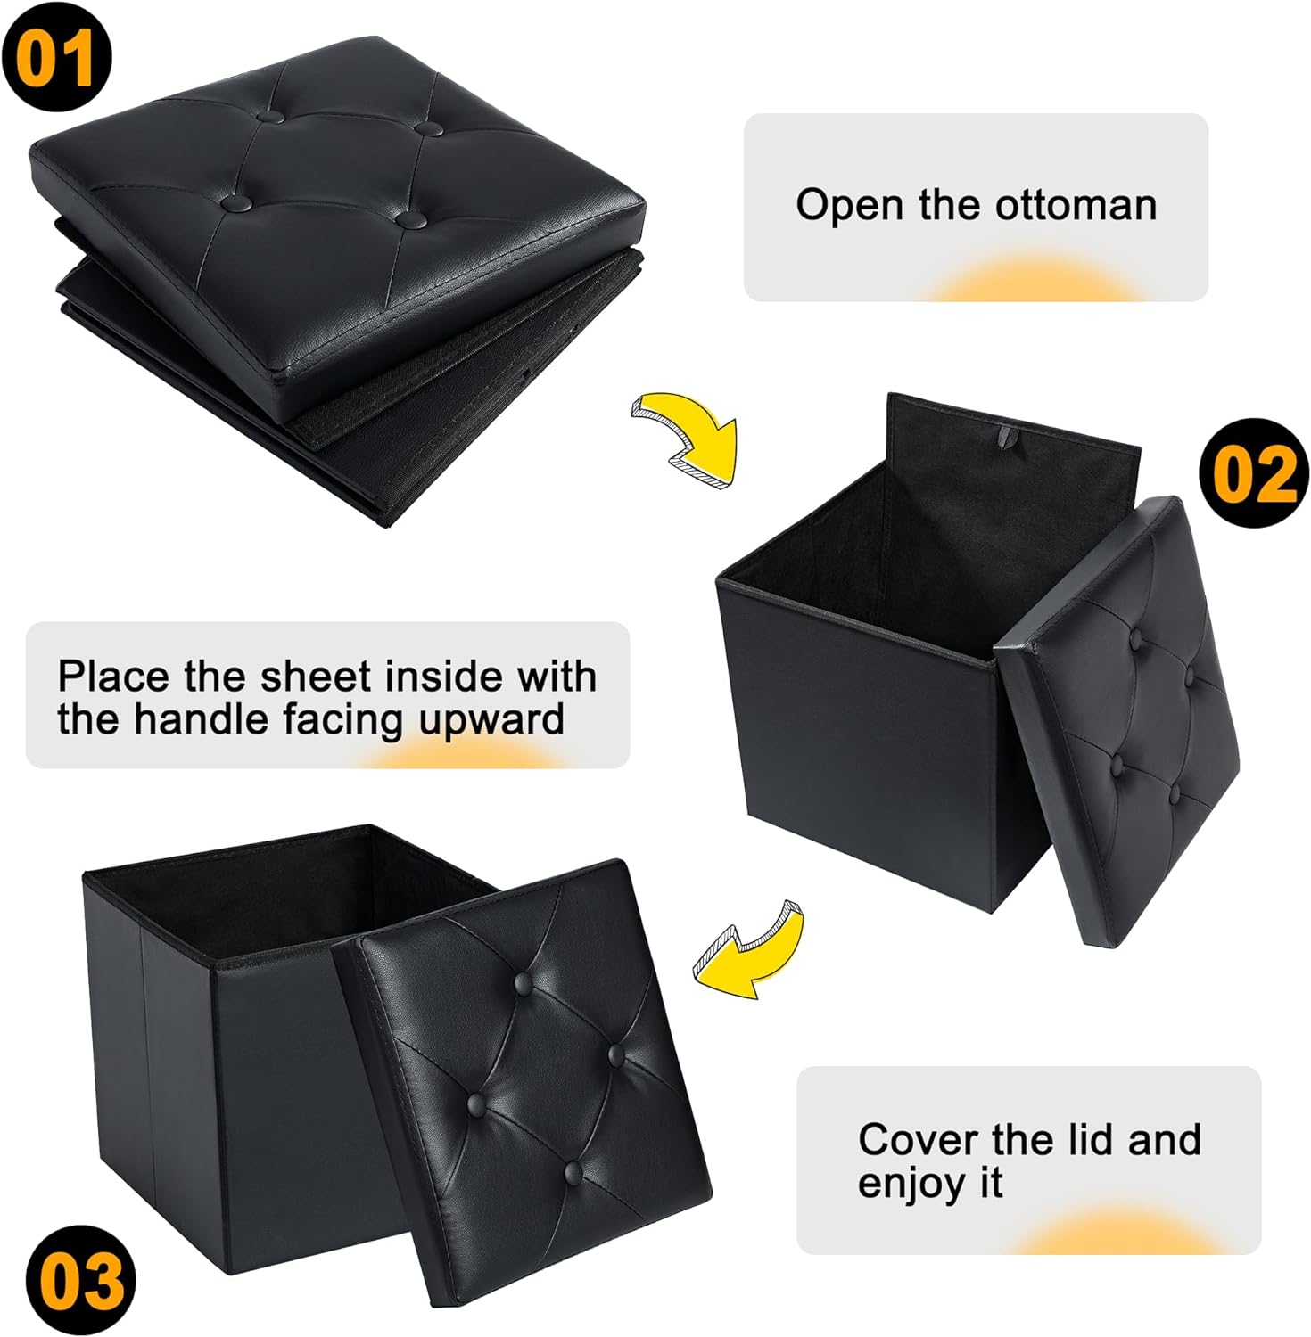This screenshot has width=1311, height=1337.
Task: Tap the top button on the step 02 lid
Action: [1137, 638]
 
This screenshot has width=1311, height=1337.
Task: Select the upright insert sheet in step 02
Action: [1008, 499]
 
